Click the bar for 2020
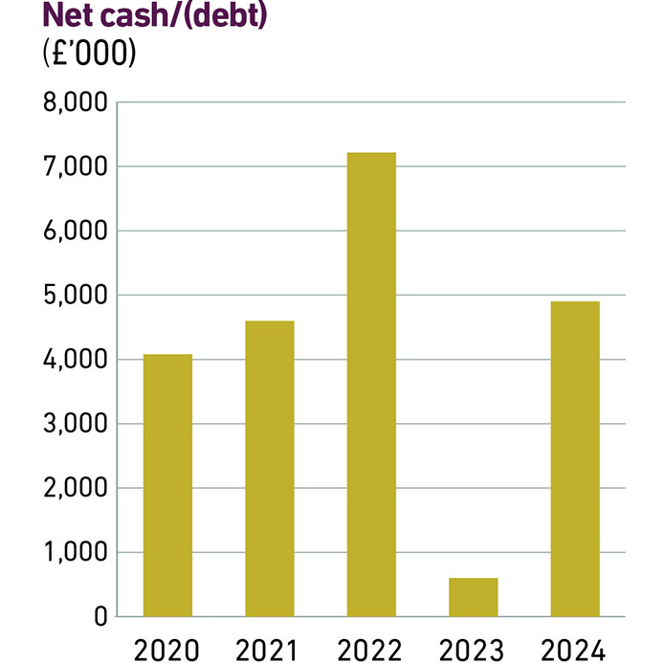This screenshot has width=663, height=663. click(x=167, y=485)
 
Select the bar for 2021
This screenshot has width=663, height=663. click(x=270, y=469)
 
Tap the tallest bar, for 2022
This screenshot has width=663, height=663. click(x=371, y=384)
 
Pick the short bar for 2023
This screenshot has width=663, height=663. click(x=474, y=597)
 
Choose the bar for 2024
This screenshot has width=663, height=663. click(x=575, y=458)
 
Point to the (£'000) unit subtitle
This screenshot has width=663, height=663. click(x=90, y=54)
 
